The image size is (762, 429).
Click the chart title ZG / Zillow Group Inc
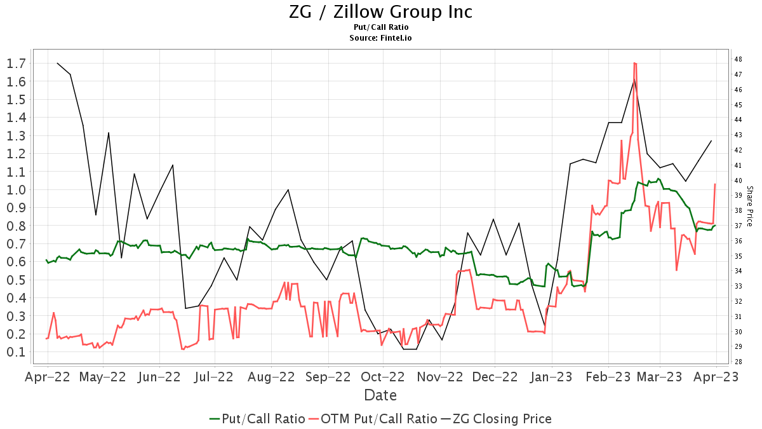pyautogui.click(x=380, y=11)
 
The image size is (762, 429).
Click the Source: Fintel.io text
pyautogui.click(x=380, y=38)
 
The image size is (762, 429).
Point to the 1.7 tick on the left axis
pyautogui.click(x=16, y=63)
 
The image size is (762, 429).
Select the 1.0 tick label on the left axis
pyautogui.click(x=16, y=189)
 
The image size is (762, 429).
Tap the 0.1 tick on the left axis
pyautogui.click(x=16, y=352)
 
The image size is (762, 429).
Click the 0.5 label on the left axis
pyautogui.click(x=16, y=280)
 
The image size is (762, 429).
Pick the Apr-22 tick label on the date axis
pyautogui.click(x=48, y=376)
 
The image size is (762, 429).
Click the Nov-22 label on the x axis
pyautogui.click(x=439, y=376)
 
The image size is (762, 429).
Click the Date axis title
pyautogui.click(x=380, y=395)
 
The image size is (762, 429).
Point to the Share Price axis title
pyautogui.click(x=750, y=207)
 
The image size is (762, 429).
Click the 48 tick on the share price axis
pyautogui.click(x=739, y=59)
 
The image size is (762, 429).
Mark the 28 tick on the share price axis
pyautogui.click(x=739, y=362)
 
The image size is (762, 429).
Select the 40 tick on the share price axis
pyautogui.click(x=739, y=180)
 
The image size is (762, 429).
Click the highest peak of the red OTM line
pyautogui.click(x=634, y=63)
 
